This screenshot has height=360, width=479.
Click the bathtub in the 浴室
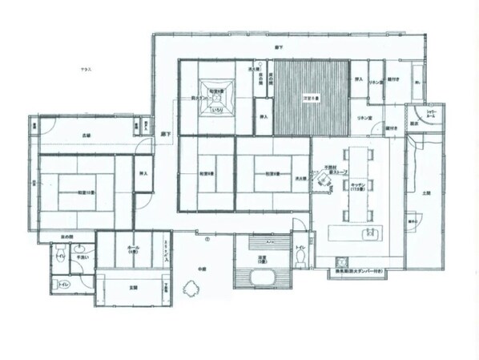pyautogui.click(x=262, y=277)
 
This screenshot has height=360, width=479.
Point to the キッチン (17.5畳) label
pyautogui.click(x=358, y=186)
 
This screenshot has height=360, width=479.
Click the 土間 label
pyautogui.click(x=425, y=193)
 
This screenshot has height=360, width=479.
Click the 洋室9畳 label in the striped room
pyautogui.click(x=311, y=98)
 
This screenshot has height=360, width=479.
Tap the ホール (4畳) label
pyautogui.click(x=132, y=249)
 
